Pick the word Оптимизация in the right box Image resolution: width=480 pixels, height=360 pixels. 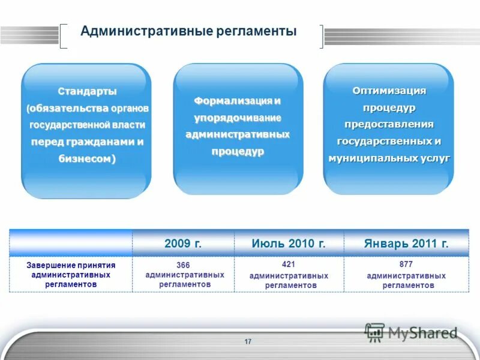[x=389, y=91]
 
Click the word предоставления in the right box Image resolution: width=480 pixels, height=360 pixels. [x=389, y=124]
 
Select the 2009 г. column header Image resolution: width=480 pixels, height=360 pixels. [x=183, y=244]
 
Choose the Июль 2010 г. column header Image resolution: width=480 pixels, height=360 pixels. [x=289, y=244]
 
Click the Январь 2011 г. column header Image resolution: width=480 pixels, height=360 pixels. [x=406, y=244]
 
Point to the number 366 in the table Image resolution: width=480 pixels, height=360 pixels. [x=183, y=265]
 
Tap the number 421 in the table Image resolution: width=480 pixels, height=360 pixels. [x=289, y=264]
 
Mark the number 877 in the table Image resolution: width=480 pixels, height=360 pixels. [x=406, y=264]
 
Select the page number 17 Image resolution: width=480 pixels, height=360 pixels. [x=248, y=341]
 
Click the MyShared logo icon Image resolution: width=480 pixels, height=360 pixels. [x=375, y=332]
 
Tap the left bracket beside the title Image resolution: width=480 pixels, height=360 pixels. [x=64, y=36]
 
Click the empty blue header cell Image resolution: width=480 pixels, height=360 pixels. [x=71, y=243]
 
